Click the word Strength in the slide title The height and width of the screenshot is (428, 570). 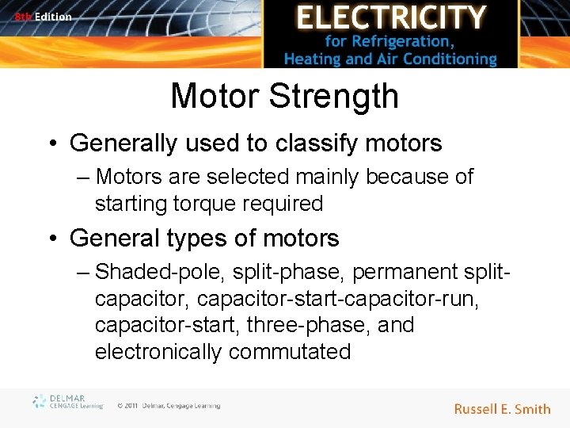coord(334,97)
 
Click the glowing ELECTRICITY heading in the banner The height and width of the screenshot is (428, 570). coord(390,17)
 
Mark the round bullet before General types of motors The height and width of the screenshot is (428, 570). coord(54,238)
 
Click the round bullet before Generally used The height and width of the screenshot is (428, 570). coord(54,143)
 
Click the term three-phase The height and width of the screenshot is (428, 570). coord(329,325)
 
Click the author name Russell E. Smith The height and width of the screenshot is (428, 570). coord(502,409)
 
